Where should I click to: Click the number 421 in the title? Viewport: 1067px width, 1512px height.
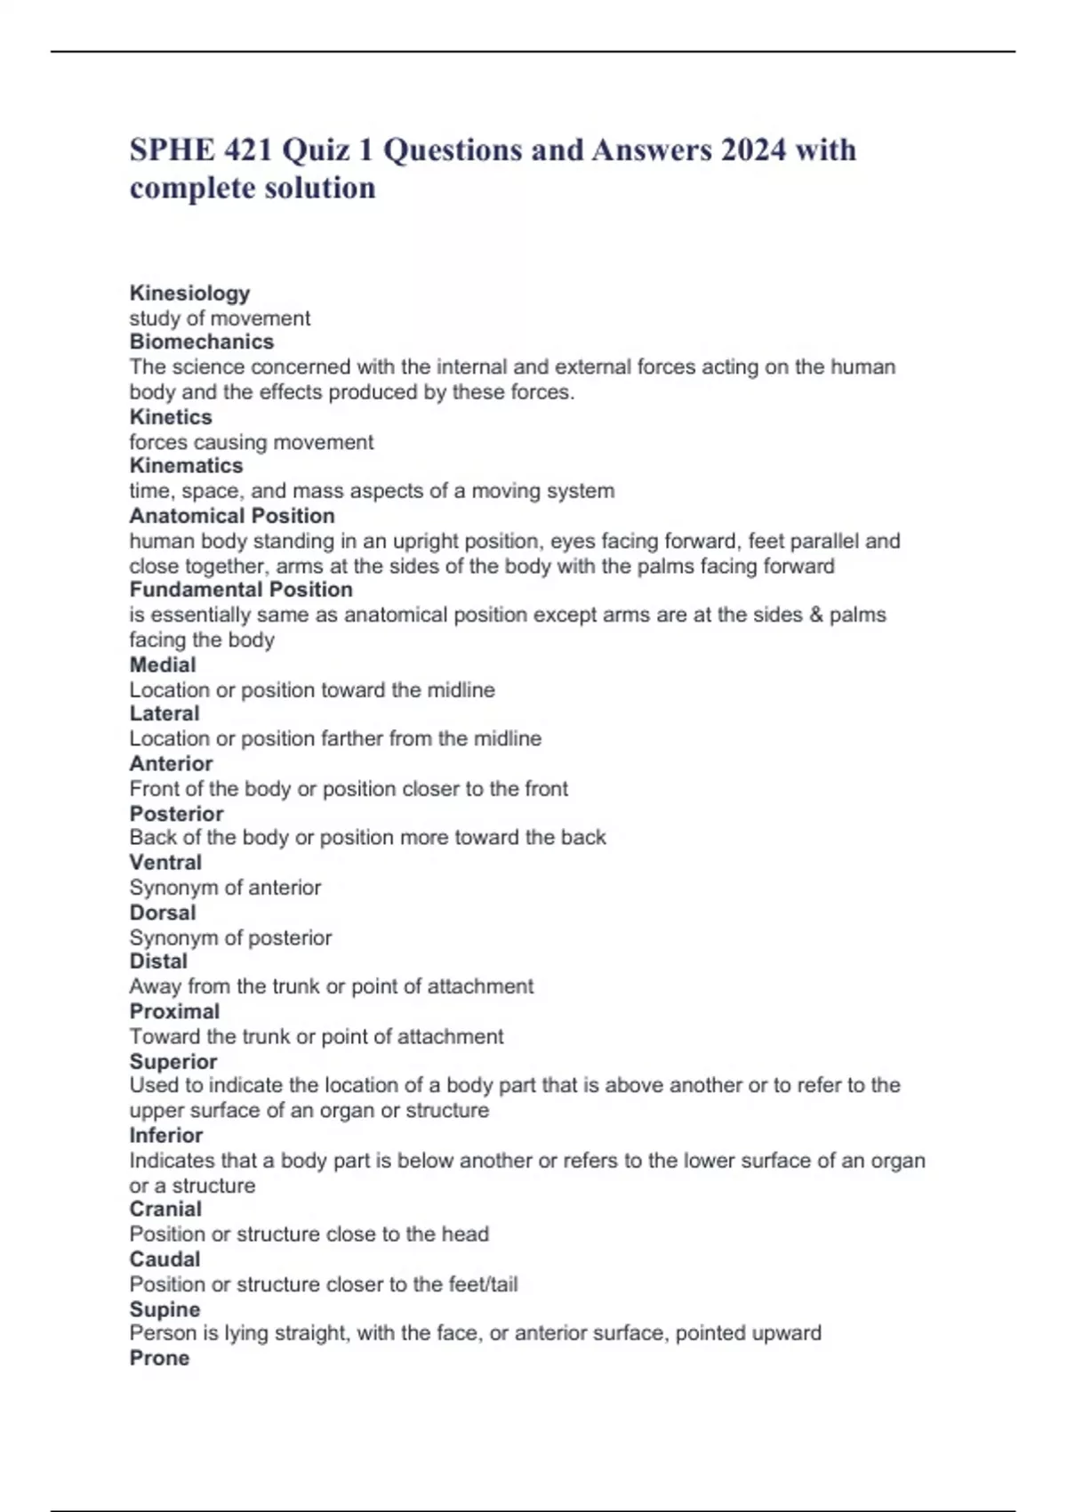tap(248, 149)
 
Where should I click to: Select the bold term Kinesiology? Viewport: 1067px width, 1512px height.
tap(189, 293)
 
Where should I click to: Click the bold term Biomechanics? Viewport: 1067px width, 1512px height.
tap(201, 342)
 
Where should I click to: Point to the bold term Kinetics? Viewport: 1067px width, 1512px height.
tap(171, 416)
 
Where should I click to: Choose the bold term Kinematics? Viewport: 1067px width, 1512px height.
tap(186, 465)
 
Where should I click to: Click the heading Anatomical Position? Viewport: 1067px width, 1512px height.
tap(232, 516)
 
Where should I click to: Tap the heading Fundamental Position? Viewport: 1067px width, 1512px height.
tap(241, 590)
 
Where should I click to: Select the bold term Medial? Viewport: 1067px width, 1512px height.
tap(163, 664)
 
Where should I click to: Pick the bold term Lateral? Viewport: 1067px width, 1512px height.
tap(164, 713)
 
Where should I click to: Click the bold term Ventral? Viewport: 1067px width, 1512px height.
tap(165, 862)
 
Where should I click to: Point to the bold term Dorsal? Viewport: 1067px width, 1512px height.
tap(163, 913)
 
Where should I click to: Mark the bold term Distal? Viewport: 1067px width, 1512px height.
tap(158, 961)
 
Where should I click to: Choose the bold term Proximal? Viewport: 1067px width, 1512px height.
tap(174, 1011)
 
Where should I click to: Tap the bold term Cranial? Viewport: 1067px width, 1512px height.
tap(165, 1209)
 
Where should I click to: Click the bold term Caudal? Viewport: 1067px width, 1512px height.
tap(164, 1259)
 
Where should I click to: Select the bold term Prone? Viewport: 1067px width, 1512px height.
tap(159, 1358)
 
